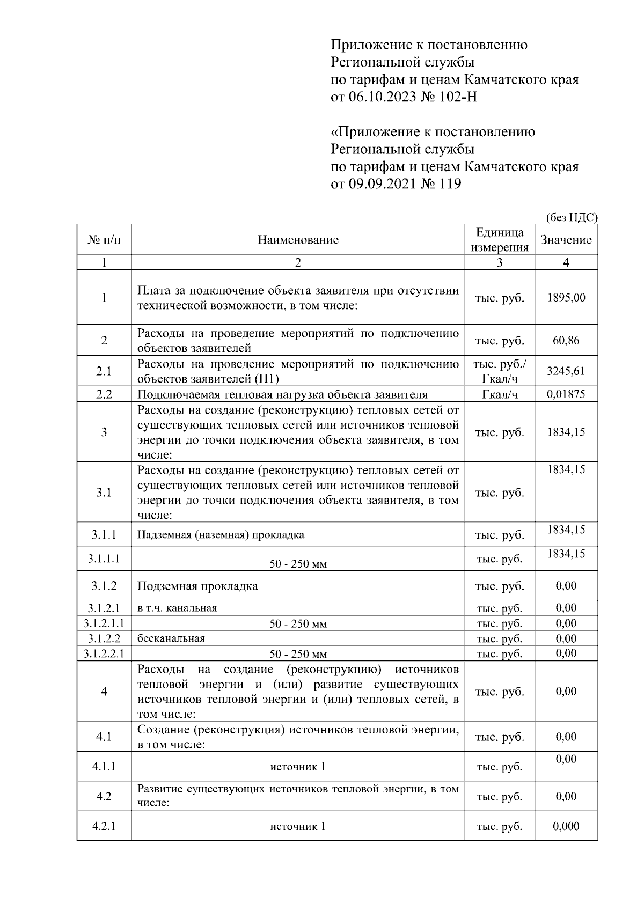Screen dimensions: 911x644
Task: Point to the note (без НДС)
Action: (x=571, y=217)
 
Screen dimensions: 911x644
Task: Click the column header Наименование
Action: (x=298, y=240)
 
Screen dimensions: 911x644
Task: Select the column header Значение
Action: (x=566, y=240)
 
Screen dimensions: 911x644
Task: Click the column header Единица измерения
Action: (x=499, y=240)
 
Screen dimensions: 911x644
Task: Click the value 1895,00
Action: (x=566, y=298)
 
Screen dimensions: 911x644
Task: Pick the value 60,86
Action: (x=566, y=341)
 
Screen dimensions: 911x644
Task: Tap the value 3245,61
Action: (x=566, y=371)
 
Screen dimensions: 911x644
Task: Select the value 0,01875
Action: (x=566, y=394)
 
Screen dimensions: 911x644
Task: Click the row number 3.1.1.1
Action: (x=104, y=559)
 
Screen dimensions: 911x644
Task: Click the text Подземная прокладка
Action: (x=197, y=586)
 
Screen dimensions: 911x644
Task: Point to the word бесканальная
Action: (x=171, y=638)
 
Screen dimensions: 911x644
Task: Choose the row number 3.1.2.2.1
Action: (x=104, y=653)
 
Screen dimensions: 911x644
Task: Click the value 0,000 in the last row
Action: (x=566, y=826)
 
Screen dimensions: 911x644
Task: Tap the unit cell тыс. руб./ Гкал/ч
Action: (x=499, y=371)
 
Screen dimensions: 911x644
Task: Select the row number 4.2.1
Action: (x=104, y=826)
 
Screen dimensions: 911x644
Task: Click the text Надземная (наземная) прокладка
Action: (x=221, y=535)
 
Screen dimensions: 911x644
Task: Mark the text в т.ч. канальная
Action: (x=177, y=608)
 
